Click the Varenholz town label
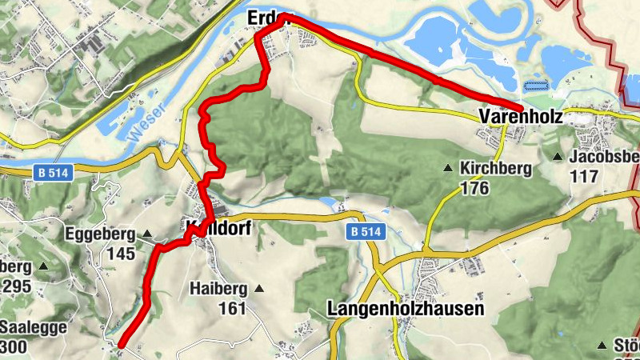520,118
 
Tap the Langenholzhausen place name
406,309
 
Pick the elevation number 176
474,188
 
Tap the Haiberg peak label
219,288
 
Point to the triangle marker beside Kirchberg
449,169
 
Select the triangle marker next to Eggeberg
148,234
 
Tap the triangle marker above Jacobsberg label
558,156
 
